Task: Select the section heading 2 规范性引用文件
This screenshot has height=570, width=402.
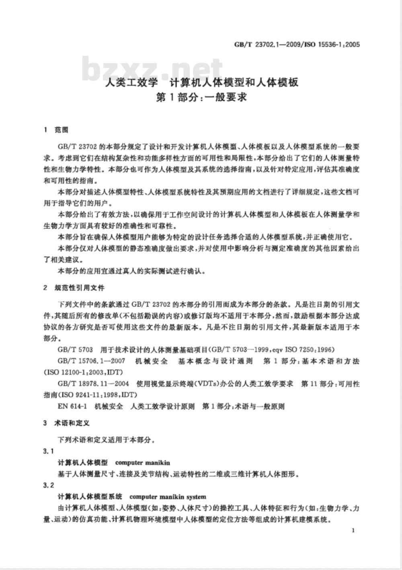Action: pyautogui.click(x=74, y=288)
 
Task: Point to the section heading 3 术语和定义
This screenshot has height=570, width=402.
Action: pyautogui.click(x=66, y=423)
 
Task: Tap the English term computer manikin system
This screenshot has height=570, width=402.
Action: pyautogui.click(x=168, y=497)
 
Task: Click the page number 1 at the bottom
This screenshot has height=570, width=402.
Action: pyautogui.click(x=353, y=531)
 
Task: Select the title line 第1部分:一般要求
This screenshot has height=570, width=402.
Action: pyautogui.click(x=201, y=98)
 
